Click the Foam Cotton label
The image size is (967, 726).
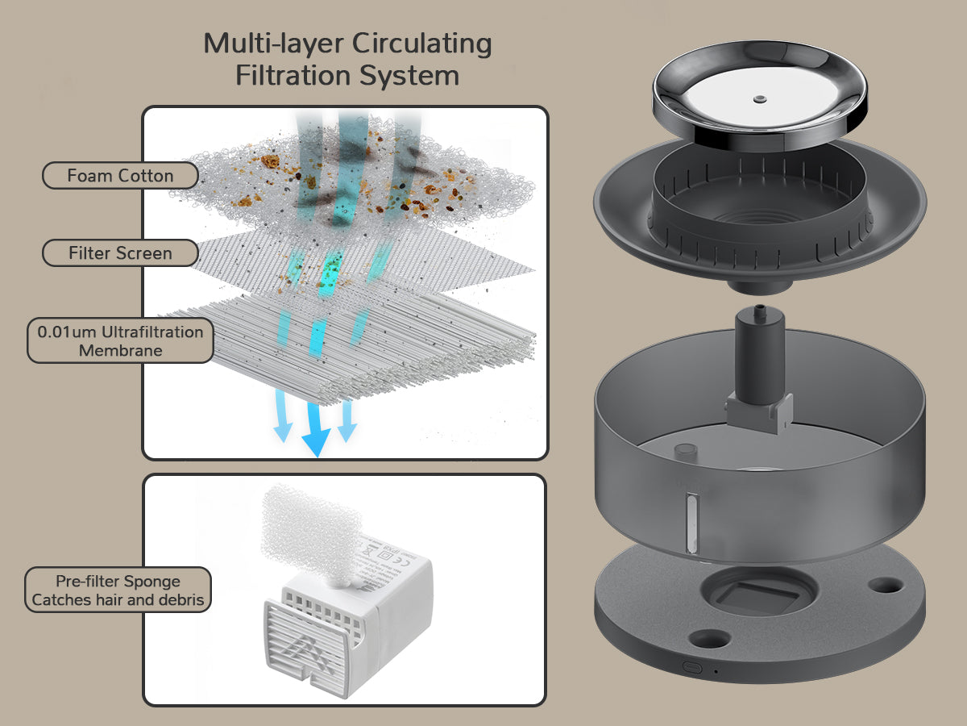click(120, 176)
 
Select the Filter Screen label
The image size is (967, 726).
click(120, 253)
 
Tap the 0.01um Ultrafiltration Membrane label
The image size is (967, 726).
click(120, 341)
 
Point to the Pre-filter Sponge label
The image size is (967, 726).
click(118, 590)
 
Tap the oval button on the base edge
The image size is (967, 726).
click(691, 667)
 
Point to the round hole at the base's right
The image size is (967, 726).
click(887, 582)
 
